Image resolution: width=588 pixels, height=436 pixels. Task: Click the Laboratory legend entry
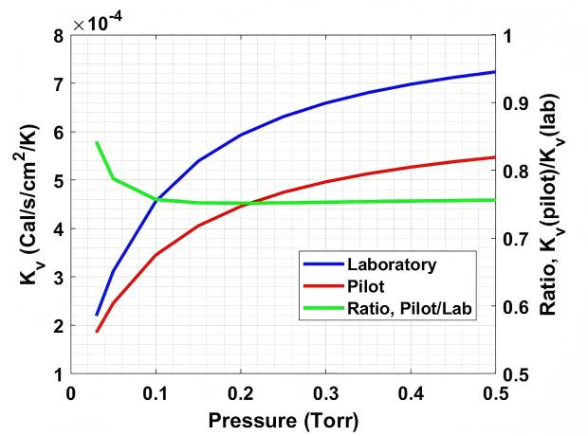click(x=392, y=264)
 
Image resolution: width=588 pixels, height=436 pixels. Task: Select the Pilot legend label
click(x=366, y=287)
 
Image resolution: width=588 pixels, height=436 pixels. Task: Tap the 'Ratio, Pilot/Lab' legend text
click(x=409, y=309)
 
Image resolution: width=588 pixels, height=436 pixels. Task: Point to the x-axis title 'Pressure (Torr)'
click(x=284, y=420)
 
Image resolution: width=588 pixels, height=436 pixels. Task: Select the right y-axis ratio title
click(x=550, y=205)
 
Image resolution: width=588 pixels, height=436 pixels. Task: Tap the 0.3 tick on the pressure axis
click(x=325, y=393)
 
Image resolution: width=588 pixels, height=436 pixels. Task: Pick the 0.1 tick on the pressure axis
click(x=156, y=393)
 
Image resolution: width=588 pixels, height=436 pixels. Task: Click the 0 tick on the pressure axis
click(x=70, y=393)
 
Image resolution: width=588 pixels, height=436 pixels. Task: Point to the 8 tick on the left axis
click(x=60, y=36)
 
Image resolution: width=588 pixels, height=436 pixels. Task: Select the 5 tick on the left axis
click(x=60, y=180)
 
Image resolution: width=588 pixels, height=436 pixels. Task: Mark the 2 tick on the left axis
click(x=60, y=326)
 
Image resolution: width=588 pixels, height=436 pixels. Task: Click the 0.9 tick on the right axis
click(x=514, y=103)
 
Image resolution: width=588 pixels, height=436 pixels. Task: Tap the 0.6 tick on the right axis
click(x=514, y=307)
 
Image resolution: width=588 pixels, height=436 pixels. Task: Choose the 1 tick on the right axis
click(x=507, y=36)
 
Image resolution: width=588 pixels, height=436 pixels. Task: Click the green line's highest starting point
click(x=97, y=142)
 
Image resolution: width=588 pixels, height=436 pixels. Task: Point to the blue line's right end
click(x=495, y=72)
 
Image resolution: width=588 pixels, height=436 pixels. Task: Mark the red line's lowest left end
click(x=97, y=332)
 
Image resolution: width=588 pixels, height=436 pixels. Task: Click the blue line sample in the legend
click(x=323, y=264)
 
